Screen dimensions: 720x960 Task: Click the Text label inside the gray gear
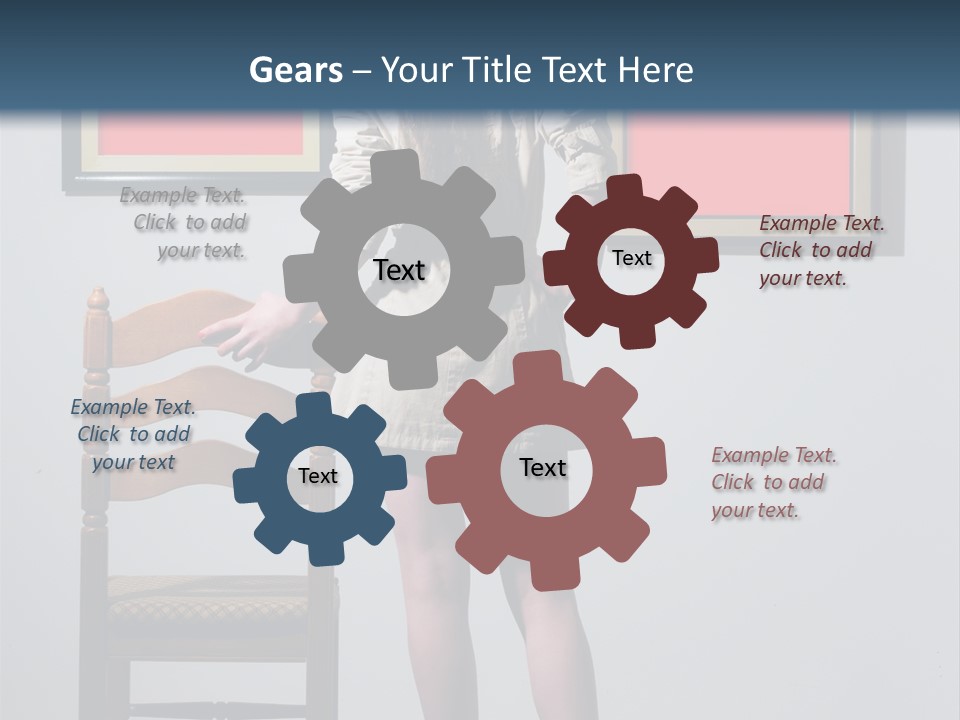click(x=399, y=270)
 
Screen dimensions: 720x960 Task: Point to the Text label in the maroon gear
click(x=631, y=258)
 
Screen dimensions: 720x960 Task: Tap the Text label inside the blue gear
click(x=318, y=477)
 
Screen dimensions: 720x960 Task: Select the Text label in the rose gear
click(x=543, y=467)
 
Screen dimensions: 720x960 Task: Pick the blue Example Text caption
click(x=133, y=435)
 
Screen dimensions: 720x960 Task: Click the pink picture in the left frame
click(x=200, y=135)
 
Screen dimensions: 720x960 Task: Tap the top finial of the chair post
click(x=97, y=297)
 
